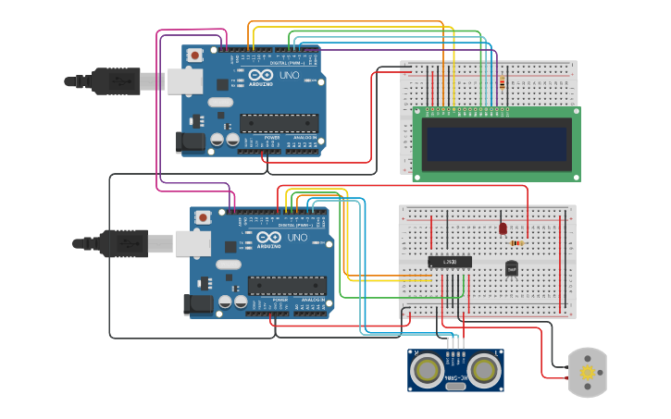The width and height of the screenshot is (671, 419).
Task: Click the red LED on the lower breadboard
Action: (x=503, y=228)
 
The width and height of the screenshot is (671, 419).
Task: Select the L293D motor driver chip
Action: (x=450, y=262)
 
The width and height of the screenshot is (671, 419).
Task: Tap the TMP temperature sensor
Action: (x=512, y=268)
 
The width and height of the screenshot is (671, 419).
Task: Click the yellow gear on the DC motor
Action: (x=587, y=373)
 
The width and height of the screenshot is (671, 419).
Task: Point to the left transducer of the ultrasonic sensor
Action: (x=428, y=370)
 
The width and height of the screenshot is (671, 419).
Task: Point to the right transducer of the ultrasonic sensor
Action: (x=484, y=370)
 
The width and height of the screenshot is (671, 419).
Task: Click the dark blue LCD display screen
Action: (x=497, y=143)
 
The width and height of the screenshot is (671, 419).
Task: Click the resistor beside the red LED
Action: (x=516, y=243)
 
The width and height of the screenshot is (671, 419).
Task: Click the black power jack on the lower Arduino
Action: (x=199, y=303)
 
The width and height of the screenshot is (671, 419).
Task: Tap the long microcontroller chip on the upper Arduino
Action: (x=279, y=123)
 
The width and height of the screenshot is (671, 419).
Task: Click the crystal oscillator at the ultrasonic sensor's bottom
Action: (x=455, y=386)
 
